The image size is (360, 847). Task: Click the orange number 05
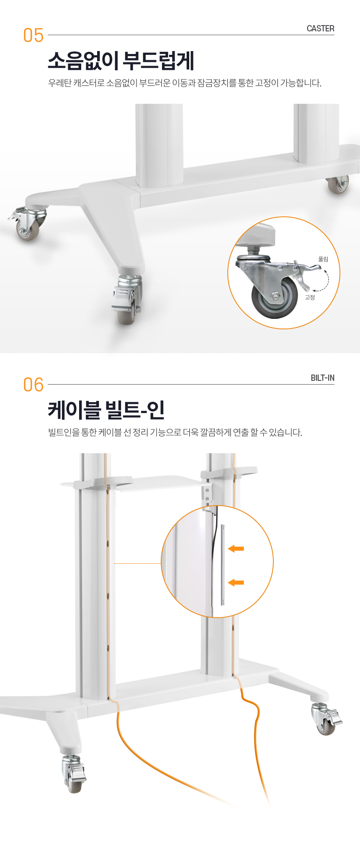pos(33,36)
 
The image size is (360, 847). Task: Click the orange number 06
pos(33,385)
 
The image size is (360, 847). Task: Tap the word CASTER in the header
pos(320,28)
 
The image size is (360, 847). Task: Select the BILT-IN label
pos(322,378)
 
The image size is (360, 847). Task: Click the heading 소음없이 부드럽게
pos(121,61)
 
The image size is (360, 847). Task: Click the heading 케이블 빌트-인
pos(106,410)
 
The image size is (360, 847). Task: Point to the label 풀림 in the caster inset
pos(323,259)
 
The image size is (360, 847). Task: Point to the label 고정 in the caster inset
pos(310,297)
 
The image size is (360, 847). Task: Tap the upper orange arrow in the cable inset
pos(236,548)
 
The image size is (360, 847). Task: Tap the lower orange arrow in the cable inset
pos(236,582)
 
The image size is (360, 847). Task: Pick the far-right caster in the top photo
pos(338,185)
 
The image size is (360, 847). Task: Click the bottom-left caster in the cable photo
pos(74,773)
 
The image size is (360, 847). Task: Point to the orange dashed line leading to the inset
pos(137,563)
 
